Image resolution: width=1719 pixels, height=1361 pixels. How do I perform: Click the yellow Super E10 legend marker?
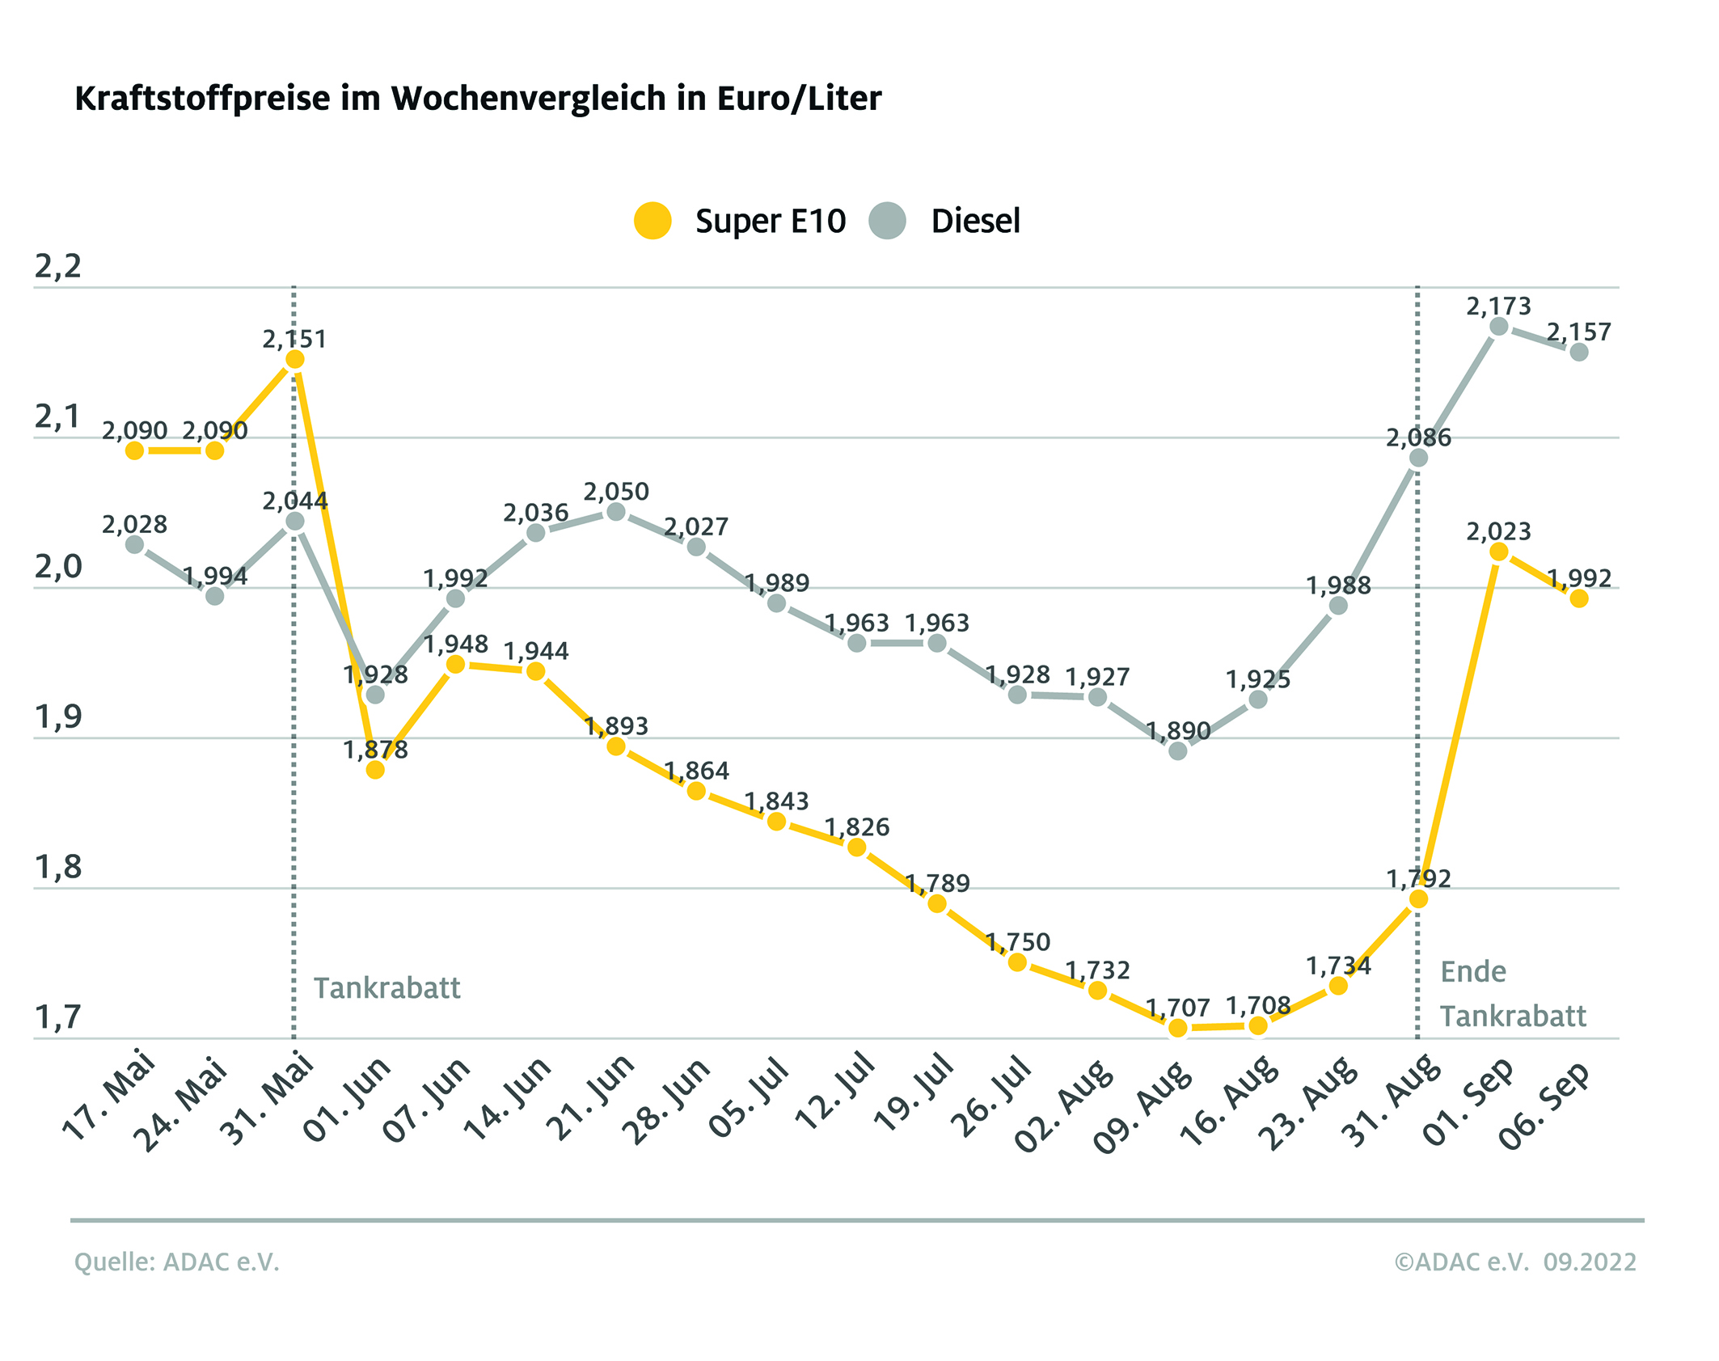coord(653,221)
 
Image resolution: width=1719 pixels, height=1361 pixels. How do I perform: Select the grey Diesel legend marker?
coord(887,221)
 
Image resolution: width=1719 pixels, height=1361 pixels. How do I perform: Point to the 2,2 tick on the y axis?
coord(58,266)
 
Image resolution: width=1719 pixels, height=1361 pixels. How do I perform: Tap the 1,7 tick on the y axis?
coord(58,1017)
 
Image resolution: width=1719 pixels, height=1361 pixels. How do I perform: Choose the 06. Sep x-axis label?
coord(1544,1105)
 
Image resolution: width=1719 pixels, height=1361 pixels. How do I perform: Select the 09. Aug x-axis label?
coord(1142,1105)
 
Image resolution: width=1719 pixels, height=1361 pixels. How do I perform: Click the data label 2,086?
coord(1418,438)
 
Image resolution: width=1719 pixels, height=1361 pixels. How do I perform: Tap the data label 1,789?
coord(937,883)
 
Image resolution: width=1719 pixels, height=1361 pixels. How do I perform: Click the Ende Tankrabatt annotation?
coord(1512,994)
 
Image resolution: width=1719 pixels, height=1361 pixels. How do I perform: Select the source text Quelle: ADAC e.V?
coord(177,1262)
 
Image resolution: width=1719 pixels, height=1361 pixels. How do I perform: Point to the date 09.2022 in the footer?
coord(1589,1262)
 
